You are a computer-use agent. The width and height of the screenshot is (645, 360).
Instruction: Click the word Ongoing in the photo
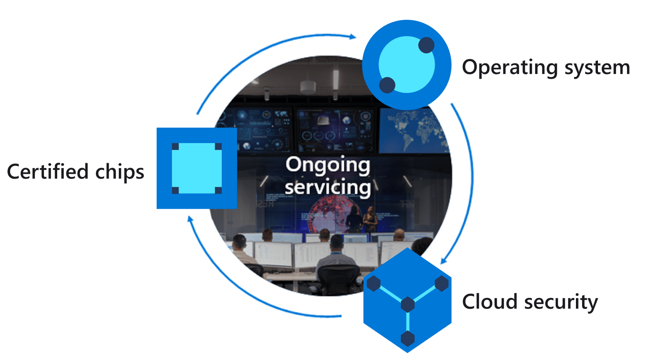point(328,165)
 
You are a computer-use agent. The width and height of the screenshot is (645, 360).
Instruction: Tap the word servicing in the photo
point(328,187)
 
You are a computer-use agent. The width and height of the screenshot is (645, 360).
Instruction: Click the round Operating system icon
point(407,65)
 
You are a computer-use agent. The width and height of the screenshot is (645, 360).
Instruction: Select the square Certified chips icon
point(197,168)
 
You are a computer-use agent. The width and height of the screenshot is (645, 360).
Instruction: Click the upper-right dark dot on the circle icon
point(426,45)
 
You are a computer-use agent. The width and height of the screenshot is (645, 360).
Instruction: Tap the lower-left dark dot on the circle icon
point(387,85)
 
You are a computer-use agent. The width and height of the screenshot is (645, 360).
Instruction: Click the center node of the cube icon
point(408,304)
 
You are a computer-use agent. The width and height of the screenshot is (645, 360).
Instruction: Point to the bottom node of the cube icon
point(408,338)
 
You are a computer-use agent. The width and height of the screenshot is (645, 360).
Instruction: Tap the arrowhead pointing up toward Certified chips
point(190,219)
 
